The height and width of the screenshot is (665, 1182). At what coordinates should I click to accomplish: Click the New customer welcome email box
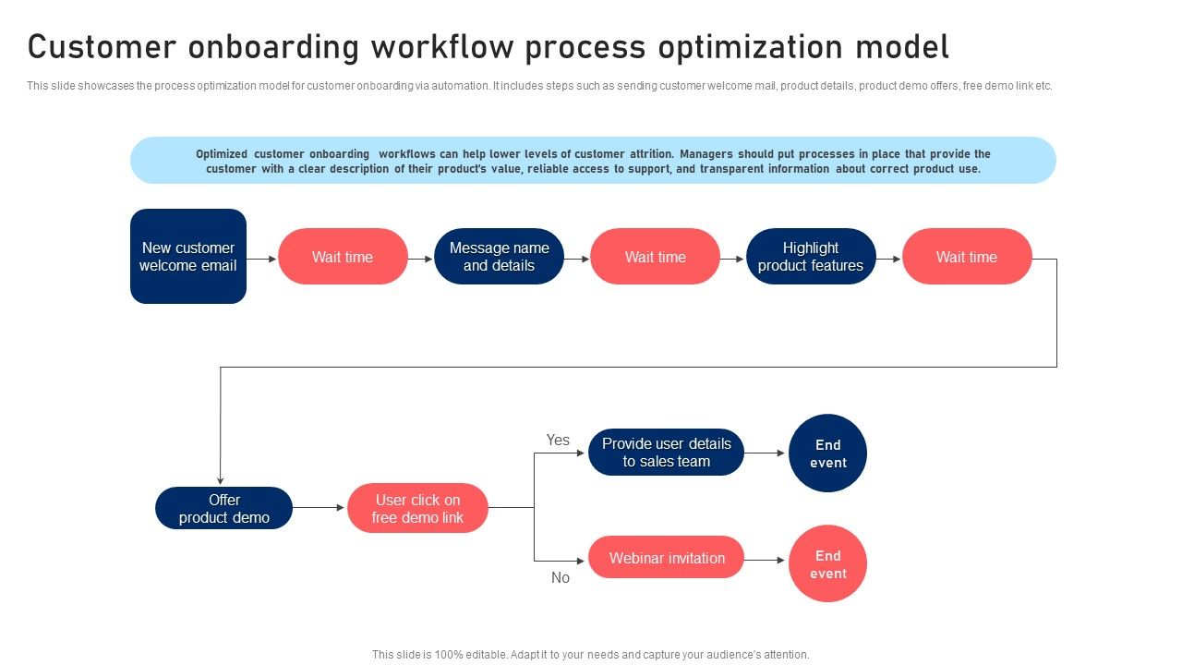(x=188, y=257)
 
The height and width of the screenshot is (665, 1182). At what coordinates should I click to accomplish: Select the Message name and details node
(x=499, y=257)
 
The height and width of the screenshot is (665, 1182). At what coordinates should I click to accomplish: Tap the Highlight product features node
(x=811, y=257)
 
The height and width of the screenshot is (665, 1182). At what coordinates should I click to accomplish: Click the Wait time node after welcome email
(x=343, y=257)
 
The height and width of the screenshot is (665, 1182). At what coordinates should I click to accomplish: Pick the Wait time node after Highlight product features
(x=967, y=257)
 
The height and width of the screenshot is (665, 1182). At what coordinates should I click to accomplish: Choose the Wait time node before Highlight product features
(x=655, y=257)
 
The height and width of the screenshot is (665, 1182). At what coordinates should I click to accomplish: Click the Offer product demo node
(x=223, y=508)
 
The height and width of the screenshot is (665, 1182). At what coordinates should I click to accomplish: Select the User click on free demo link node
(x=417, y=508)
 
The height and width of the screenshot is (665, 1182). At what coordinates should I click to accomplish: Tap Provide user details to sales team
(x=666, y=453)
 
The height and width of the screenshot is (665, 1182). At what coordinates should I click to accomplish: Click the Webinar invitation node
(x=666, y=558)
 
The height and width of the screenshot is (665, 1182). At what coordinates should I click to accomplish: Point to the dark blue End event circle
(x=827, y=453)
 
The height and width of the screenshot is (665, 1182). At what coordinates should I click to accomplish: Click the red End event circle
(x=827, y=564)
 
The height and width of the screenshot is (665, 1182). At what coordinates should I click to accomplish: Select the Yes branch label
(x=558, y=441)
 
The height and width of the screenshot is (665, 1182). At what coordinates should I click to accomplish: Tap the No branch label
(x=561, y=578)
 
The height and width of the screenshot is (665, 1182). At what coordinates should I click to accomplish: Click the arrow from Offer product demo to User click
(x=319, y=508)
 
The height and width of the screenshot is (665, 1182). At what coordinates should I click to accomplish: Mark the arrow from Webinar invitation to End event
(x=766, y=561)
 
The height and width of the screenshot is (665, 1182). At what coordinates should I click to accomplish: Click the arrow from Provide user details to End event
(x=766, y=453)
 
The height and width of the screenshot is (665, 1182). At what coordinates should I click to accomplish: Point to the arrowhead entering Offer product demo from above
(x=221, y=478)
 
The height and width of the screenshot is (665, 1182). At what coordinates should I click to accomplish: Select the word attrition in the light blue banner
(x=650, y=154)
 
